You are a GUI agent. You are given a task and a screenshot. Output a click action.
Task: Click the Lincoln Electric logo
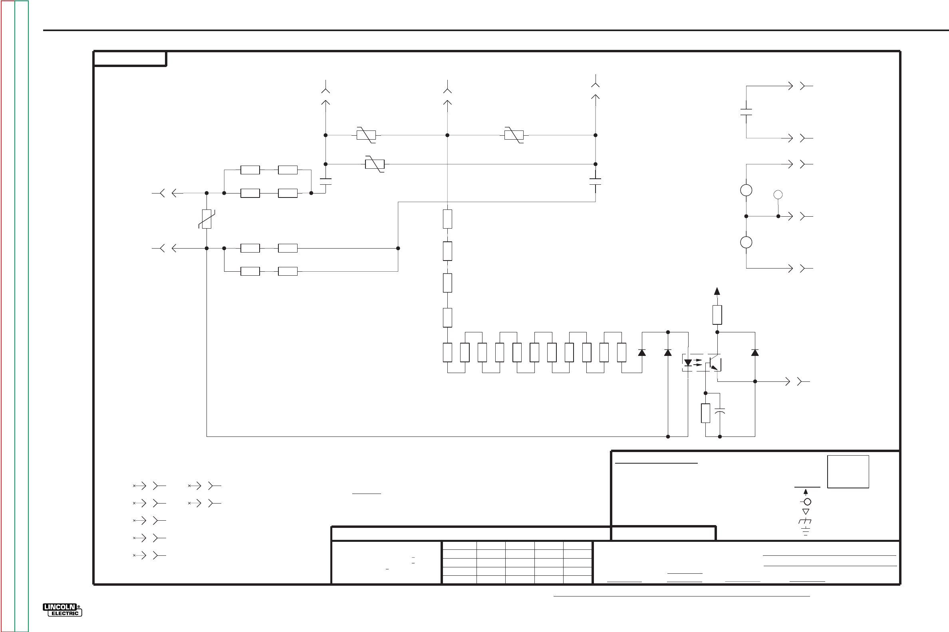coord(62,610)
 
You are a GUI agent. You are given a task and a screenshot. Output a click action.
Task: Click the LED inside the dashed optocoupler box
coord(688,363)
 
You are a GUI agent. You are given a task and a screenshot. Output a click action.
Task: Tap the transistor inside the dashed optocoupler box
coord(714,363)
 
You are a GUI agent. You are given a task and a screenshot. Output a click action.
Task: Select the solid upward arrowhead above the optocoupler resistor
coord(717,291)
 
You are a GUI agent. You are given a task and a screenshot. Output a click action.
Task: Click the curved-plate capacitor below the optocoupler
coord(720,411)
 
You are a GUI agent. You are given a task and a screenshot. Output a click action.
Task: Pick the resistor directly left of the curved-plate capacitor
coord(705,413)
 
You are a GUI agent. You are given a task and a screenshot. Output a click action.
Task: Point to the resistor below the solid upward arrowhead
coord(717,315)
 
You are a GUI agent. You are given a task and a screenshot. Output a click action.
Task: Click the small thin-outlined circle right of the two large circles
coord(778,195)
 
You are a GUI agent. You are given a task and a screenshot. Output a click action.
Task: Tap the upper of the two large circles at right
coord(746,190)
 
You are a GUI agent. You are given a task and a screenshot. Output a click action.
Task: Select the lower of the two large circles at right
coord(746,242)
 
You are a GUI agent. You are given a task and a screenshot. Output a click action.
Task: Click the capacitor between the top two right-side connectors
coord(746,112)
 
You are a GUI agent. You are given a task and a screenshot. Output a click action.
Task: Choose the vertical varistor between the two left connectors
coord(206,219)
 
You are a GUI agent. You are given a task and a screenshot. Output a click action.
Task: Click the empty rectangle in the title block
coord(848,472)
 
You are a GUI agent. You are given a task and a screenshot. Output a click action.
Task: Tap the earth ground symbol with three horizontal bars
coord(805,531)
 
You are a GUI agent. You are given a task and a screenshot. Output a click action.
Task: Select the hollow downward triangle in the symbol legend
coord(806,512)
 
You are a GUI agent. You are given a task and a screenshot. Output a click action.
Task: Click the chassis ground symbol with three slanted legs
coord(805,521)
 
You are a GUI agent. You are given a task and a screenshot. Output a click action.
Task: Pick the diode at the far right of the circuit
coord(755,353)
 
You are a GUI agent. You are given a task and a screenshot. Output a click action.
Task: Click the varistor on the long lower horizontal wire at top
coord(374,164)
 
